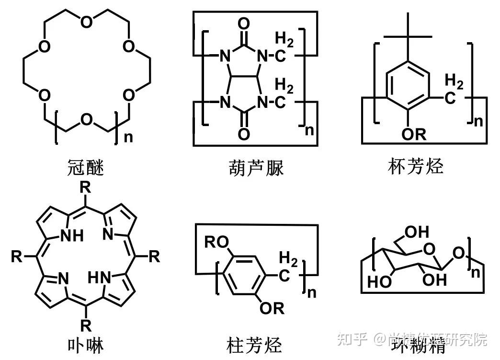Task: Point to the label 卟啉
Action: [x=85, y=344]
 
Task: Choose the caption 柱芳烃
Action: [x=254, y=344]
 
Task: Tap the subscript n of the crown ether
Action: [x=128, y=138]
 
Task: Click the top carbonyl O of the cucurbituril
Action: [x=244, y=23]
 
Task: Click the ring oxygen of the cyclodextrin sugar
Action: [x=429, y=248]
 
